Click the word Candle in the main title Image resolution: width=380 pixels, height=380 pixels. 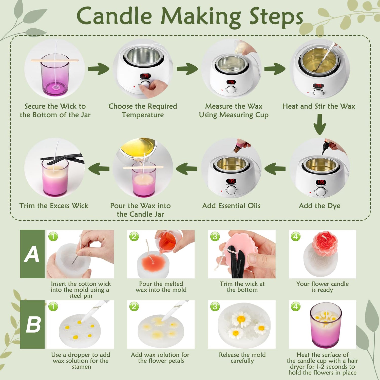pyautogui.click(x=114, y=16)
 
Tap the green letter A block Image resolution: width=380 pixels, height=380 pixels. pyautogui.click(x=32, y=254)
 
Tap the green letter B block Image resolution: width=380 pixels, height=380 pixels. pyautogui.click(x=32, y=324)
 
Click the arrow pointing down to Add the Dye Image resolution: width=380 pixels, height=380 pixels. pyautogui.click(x=320, y=124)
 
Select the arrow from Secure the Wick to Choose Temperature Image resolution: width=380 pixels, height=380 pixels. pyautogui.click(x=99, y=69)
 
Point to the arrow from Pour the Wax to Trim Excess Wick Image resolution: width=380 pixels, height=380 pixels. pyautogui.click(x=99, y=168)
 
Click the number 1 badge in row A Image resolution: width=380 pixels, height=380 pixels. pyautogui.click(x=53, y=236)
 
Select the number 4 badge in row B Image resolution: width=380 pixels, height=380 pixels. pyautogui.click(x=296, y=307)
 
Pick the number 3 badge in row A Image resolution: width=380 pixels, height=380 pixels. pyautogui.click(x=215, y=236)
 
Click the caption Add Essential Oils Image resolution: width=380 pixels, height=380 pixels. pyautogui.click(x=231, y=206)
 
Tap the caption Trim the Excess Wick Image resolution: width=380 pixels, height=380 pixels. pyautogui.click(x=54, y=206)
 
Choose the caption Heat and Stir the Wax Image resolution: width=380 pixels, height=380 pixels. pyautogui.click(x=319, y=106)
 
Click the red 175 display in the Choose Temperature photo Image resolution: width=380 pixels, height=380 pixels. pyautogui.click(x=145, y=76)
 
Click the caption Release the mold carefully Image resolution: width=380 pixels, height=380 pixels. pyautogui.click(x=242, y=358)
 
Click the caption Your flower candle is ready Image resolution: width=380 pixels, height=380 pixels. pyautogui.click(x=322, y=287)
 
